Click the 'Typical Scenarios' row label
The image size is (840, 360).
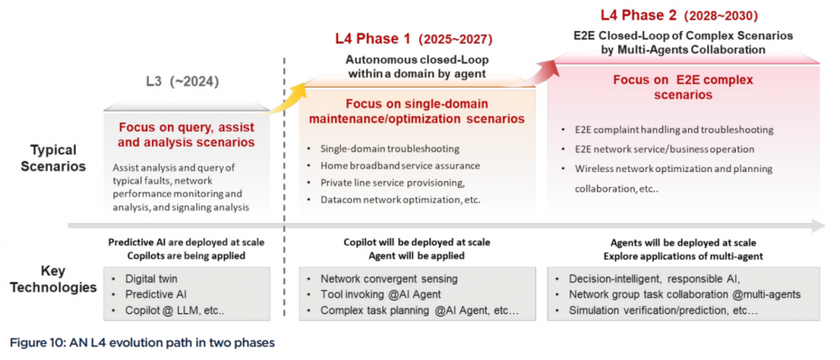click(53, 158)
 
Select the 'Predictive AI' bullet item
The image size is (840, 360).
click(155, 294)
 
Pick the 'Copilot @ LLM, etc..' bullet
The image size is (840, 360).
click(173, 310)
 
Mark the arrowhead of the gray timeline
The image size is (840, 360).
click(818, 226)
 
